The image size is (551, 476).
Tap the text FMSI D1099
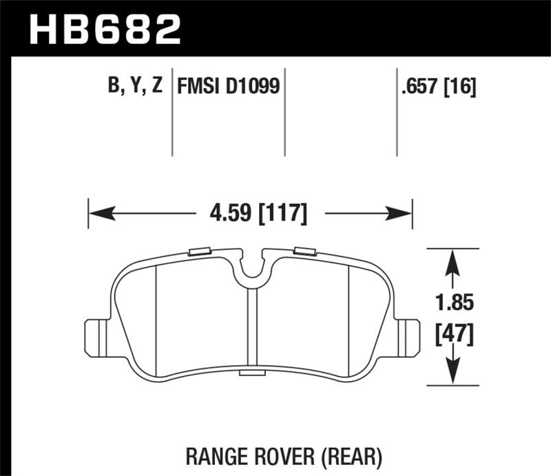[x=228, y=87]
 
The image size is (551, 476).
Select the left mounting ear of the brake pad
[x=96, y=336]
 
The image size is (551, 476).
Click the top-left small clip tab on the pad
[x=199, y=251]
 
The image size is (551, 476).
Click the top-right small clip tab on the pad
[x=304, y=251]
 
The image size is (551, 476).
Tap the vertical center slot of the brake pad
[x=251, y=327]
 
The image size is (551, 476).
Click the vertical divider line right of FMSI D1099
[x=285, y=114]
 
